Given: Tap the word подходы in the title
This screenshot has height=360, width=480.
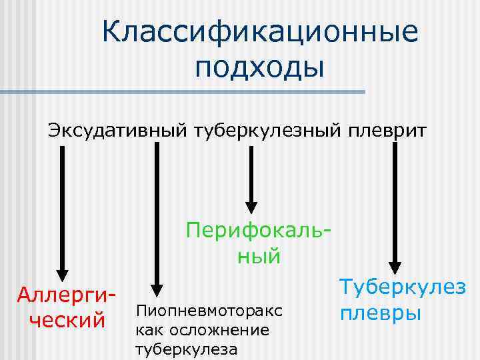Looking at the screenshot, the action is [x=259, y=67].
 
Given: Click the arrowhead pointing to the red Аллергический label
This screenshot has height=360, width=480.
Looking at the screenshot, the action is [x=62, y=273].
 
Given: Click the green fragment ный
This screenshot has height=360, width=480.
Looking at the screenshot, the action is [x=259, y=256].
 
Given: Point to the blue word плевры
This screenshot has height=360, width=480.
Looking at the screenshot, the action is [x=380, y=312].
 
